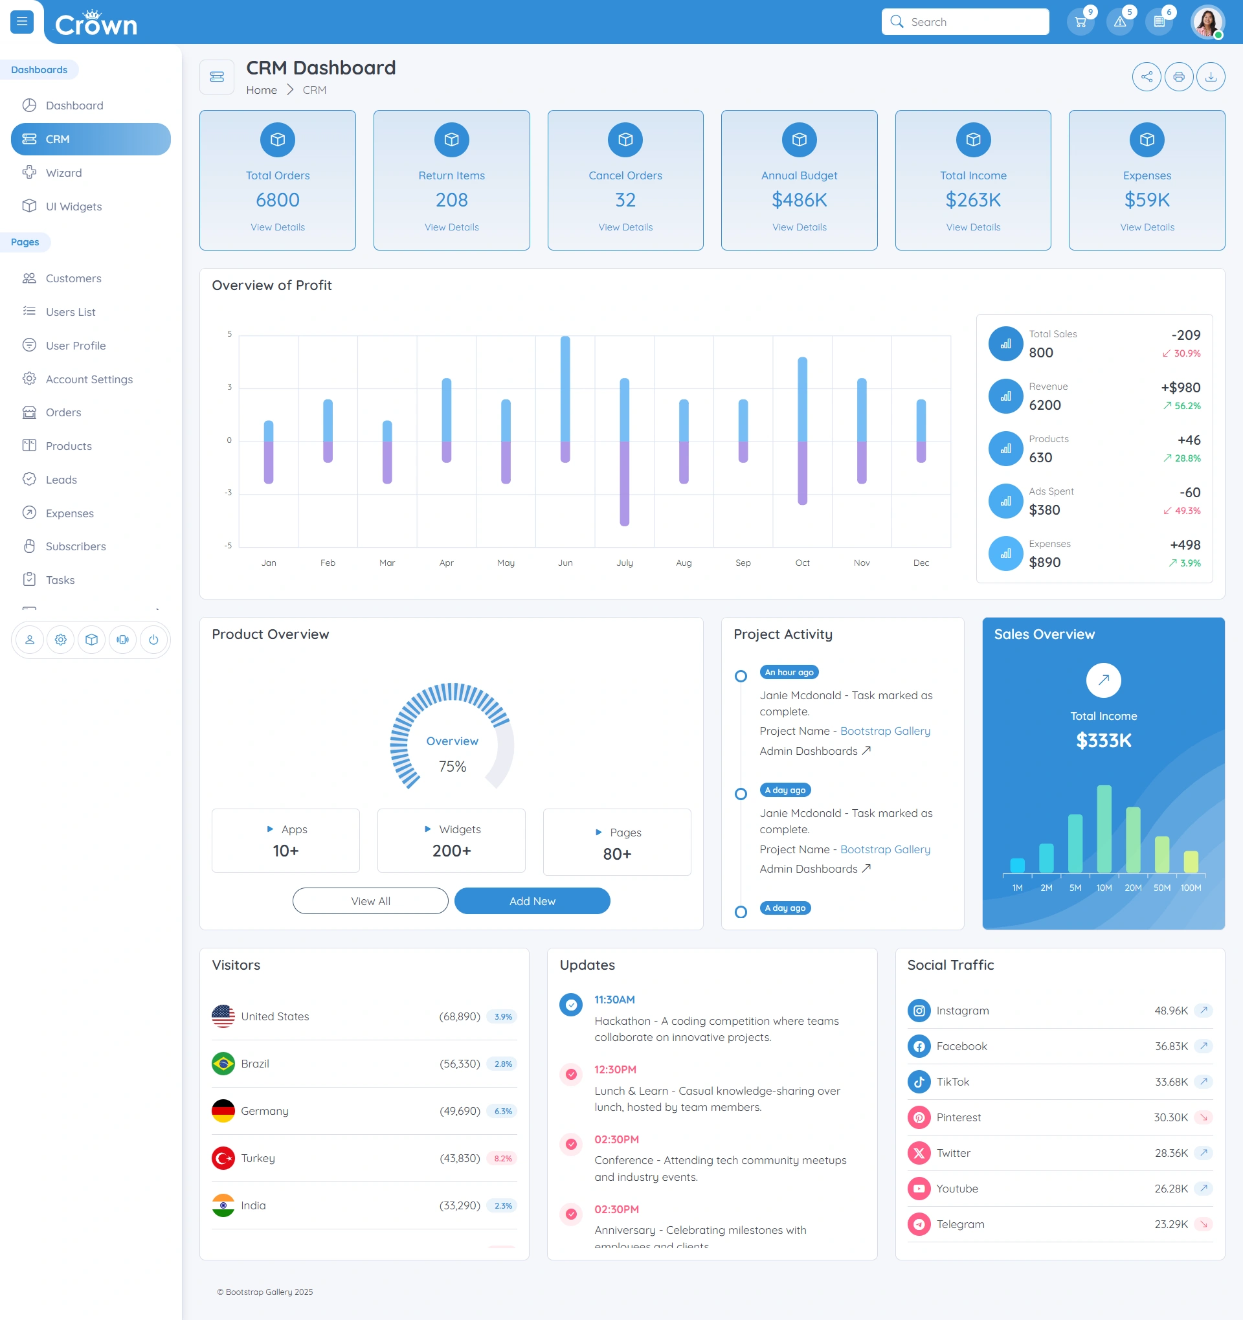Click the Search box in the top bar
[965, 22]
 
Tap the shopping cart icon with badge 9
[1081, 22]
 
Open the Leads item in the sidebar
[61, 480]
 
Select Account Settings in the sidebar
[89, 379]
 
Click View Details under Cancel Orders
[625, 227]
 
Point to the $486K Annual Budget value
[800, 200]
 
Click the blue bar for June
[565, 389]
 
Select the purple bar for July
[624, 484]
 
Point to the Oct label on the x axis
[802, 563]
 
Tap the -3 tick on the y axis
[229, 493]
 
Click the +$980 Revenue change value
[1181, 388]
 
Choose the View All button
[370, 901]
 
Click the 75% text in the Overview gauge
[452, 767]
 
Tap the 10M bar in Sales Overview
[1104, 829]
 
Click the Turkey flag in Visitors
[223, 1158]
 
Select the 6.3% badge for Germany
[502, 1111]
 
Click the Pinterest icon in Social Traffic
[919, 1117]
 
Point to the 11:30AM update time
[614, 1000]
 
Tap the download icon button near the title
[1211, 77]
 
